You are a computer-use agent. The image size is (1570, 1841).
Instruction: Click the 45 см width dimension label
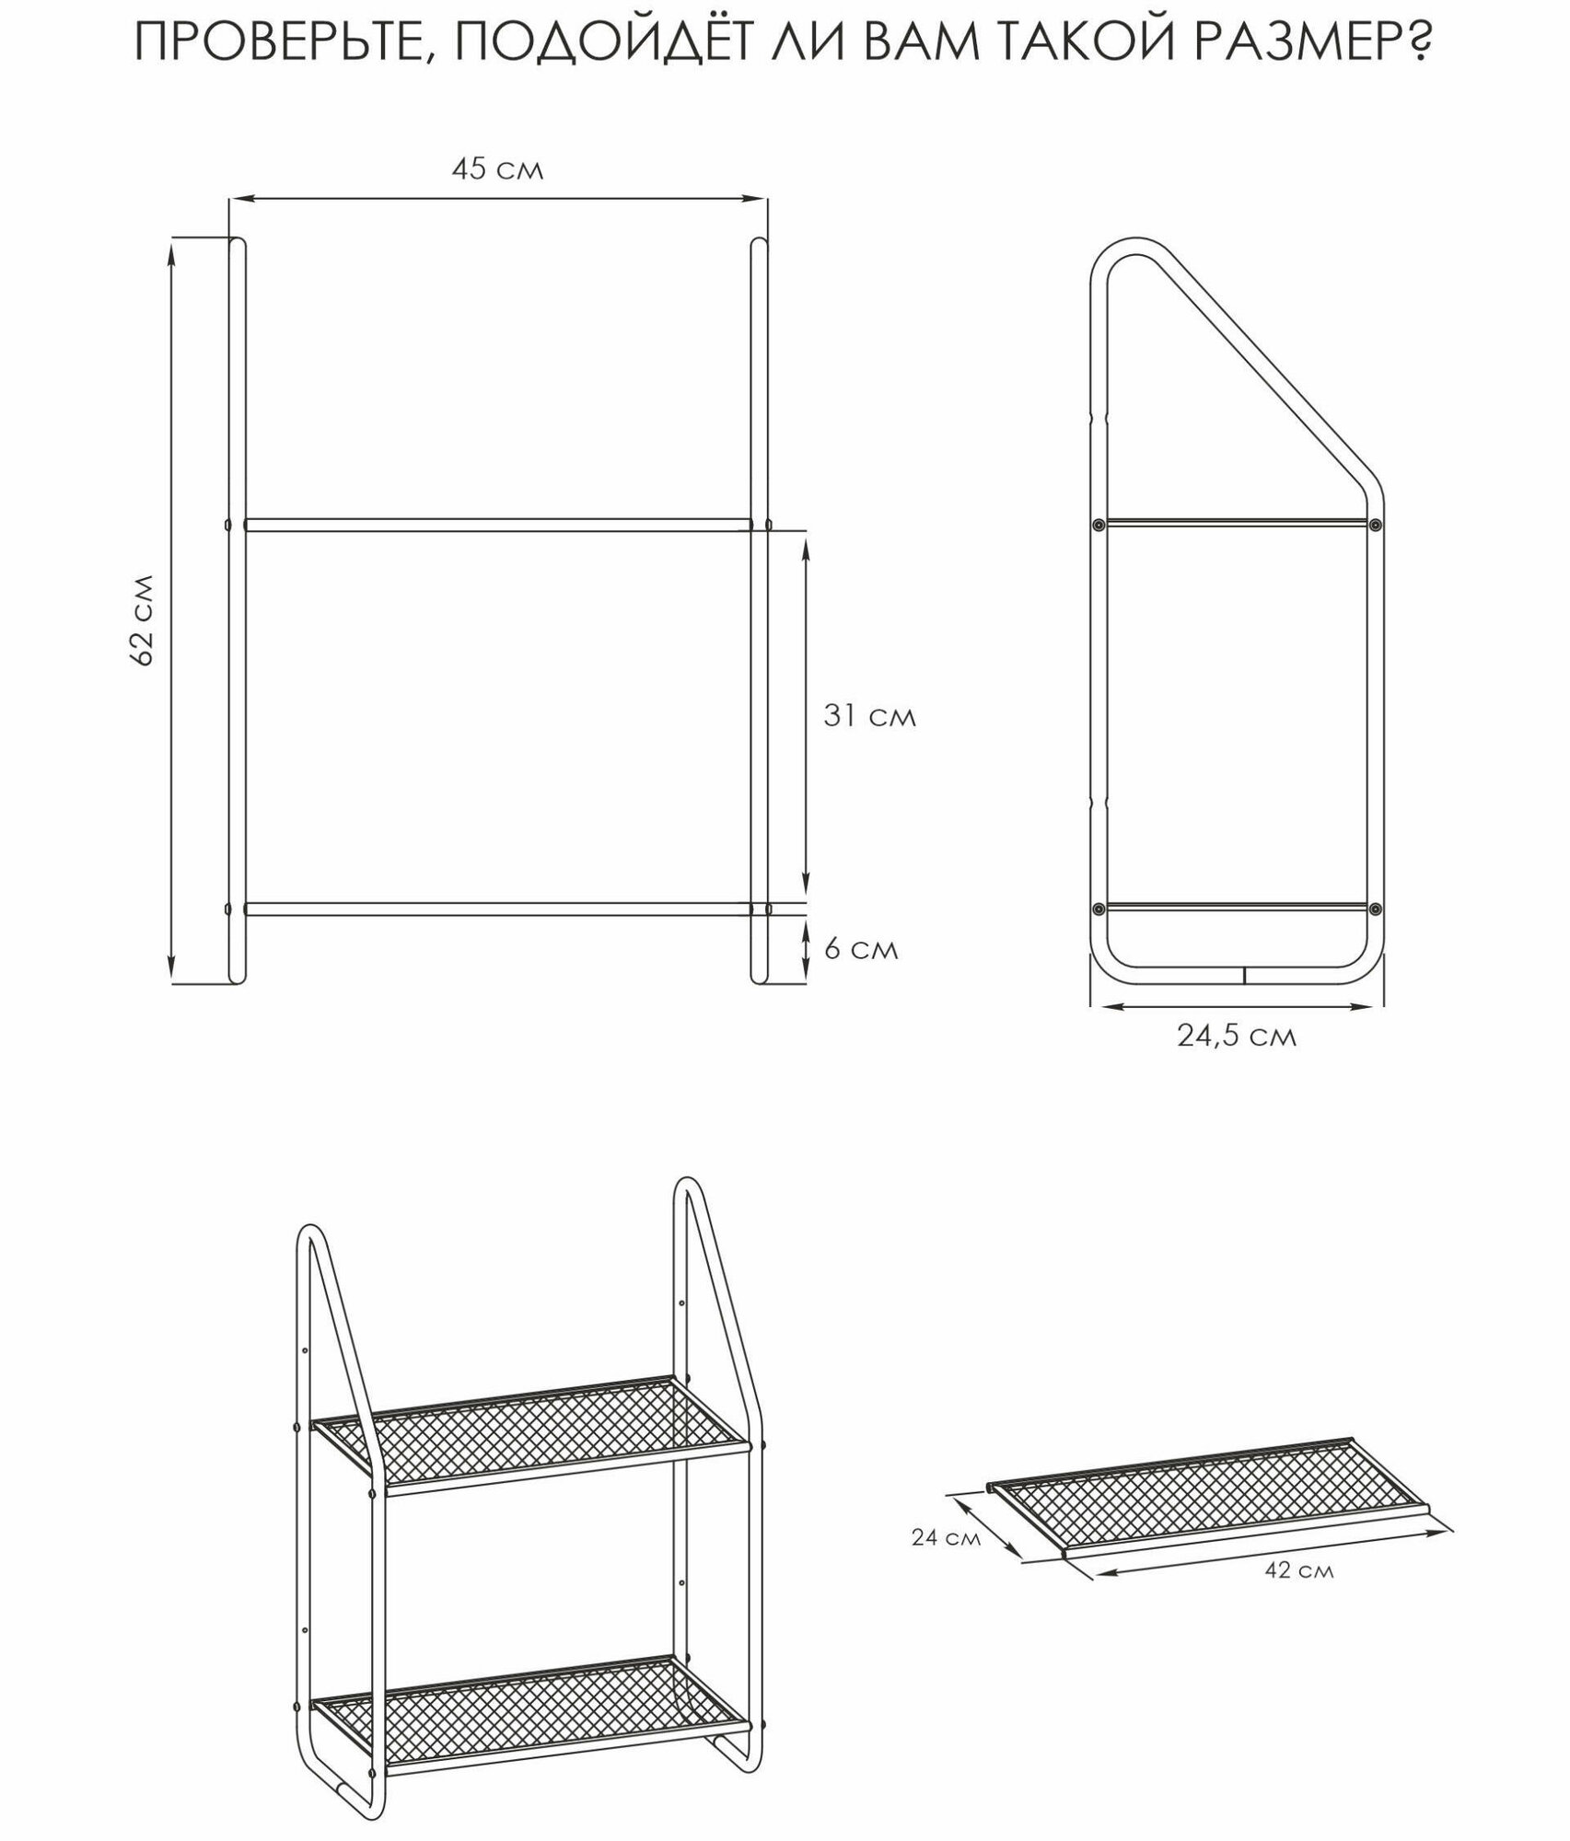497,170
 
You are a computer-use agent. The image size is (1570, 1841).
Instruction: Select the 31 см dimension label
869,716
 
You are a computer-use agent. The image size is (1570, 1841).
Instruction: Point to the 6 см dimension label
860,949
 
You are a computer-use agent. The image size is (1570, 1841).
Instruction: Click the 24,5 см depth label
1237,1036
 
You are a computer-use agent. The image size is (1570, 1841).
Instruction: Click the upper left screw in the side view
1098,525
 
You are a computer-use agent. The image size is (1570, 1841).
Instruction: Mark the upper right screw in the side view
1375,525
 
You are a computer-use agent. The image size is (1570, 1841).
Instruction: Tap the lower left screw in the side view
1098,909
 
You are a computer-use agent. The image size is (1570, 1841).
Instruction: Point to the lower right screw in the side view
1375,909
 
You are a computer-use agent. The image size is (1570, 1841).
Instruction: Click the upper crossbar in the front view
497,525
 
